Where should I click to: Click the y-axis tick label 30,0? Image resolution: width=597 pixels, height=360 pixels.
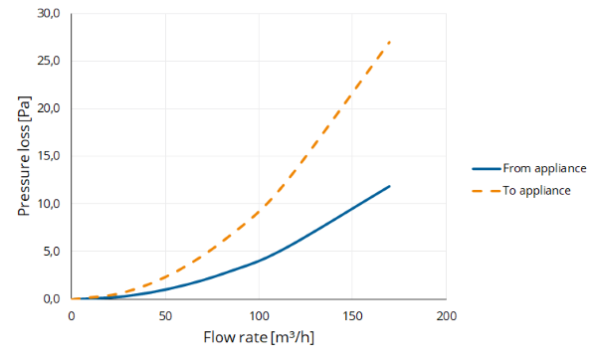pyautogui.click(x=49, y=13)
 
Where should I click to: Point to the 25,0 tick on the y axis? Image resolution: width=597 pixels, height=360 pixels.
pyautogui.click(x=49, y=61)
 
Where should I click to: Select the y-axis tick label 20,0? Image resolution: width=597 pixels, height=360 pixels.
pyautogui.click(x=49, y=108)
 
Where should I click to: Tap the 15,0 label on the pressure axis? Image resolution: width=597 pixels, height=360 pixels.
pyautogui.click(x=49, y=156)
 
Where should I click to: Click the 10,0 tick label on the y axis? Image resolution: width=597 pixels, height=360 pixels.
pyautogui.click(x=49, y=204)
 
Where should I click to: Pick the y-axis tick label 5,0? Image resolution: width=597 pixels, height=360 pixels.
pyautogui.click(x=52, y=252)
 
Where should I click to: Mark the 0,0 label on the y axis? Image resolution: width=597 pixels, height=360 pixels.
pyautogui.click(x=52, y=299)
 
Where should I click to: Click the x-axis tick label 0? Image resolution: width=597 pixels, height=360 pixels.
pyautogui.click(x=72, y=316)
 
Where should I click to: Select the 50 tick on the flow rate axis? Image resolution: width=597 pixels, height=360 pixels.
pyautogui.click(x=165, y=316)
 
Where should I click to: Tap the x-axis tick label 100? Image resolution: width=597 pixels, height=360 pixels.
pyautogui.click(x=259, y=316)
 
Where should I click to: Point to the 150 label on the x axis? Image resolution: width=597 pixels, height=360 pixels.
pyautogui.click(x=352, y=316)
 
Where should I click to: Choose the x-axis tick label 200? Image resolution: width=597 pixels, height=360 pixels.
pyautogui.click(x=446, y=316)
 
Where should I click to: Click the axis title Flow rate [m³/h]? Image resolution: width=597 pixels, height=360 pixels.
pyautogui.click(x=259, y=337)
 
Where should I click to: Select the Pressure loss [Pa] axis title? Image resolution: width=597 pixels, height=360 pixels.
pyautogui.click(x=24, y=156)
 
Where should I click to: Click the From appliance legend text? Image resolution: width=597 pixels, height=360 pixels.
pyautogui.click(x=544, y=169)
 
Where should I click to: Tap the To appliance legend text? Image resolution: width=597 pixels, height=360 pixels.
pyautogui.click(x=536, y=191)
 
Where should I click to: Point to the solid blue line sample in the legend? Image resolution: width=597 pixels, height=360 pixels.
pyautogui.click(x=487, y=169)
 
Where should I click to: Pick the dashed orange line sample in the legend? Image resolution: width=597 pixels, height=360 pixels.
pyautogui.click(x=487, y=191)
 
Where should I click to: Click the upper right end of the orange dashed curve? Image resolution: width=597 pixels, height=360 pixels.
pyautogui.click(x=389, y=42)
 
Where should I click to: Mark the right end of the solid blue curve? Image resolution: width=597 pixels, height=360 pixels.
pyautogui.click(x=389, y=186)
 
